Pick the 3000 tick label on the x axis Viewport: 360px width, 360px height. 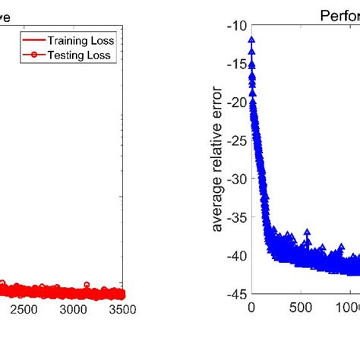pyautogui.click(x=73, y=310)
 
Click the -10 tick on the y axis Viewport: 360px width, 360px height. pyautogui.click(x=236, y=25)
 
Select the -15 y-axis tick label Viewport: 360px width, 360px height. pyautogui.click(x=236, y=64)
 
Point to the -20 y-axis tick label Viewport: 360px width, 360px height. pyautogui.click(x=236, y=102)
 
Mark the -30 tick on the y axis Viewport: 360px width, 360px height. pyautogui.click(x=236, y=179)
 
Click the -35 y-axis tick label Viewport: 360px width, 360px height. pyautogui.click(x=236, y=218)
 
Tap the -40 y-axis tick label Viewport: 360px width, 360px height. pyautogui.click(x=236, y=256)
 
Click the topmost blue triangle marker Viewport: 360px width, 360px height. pyautogui.click(x=251, y=40)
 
